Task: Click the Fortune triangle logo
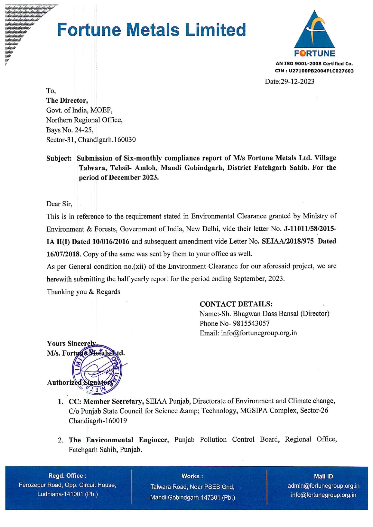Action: [314, 30]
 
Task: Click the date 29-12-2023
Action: [297, 82]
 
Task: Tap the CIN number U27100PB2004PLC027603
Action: [321, 71]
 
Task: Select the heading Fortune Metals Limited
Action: [151, 30]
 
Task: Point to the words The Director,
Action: [67, 101]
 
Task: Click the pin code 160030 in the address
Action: [125, 140]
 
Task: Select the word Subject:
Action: [59, 158]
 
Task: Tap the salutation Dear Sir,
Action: [59, 204]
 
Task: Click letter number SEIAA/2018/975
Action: [288, 241]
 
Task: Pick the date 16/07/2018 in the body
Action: [63, 254]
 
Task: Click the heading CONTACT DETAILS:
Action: [236, 304]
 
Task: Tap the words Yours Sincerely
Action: [71, 343]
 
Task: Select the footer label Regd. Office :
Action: [67, 476]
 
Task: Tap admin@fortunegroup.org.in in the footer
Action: [323, 486]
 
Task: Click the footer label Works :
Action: [192, 476]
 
